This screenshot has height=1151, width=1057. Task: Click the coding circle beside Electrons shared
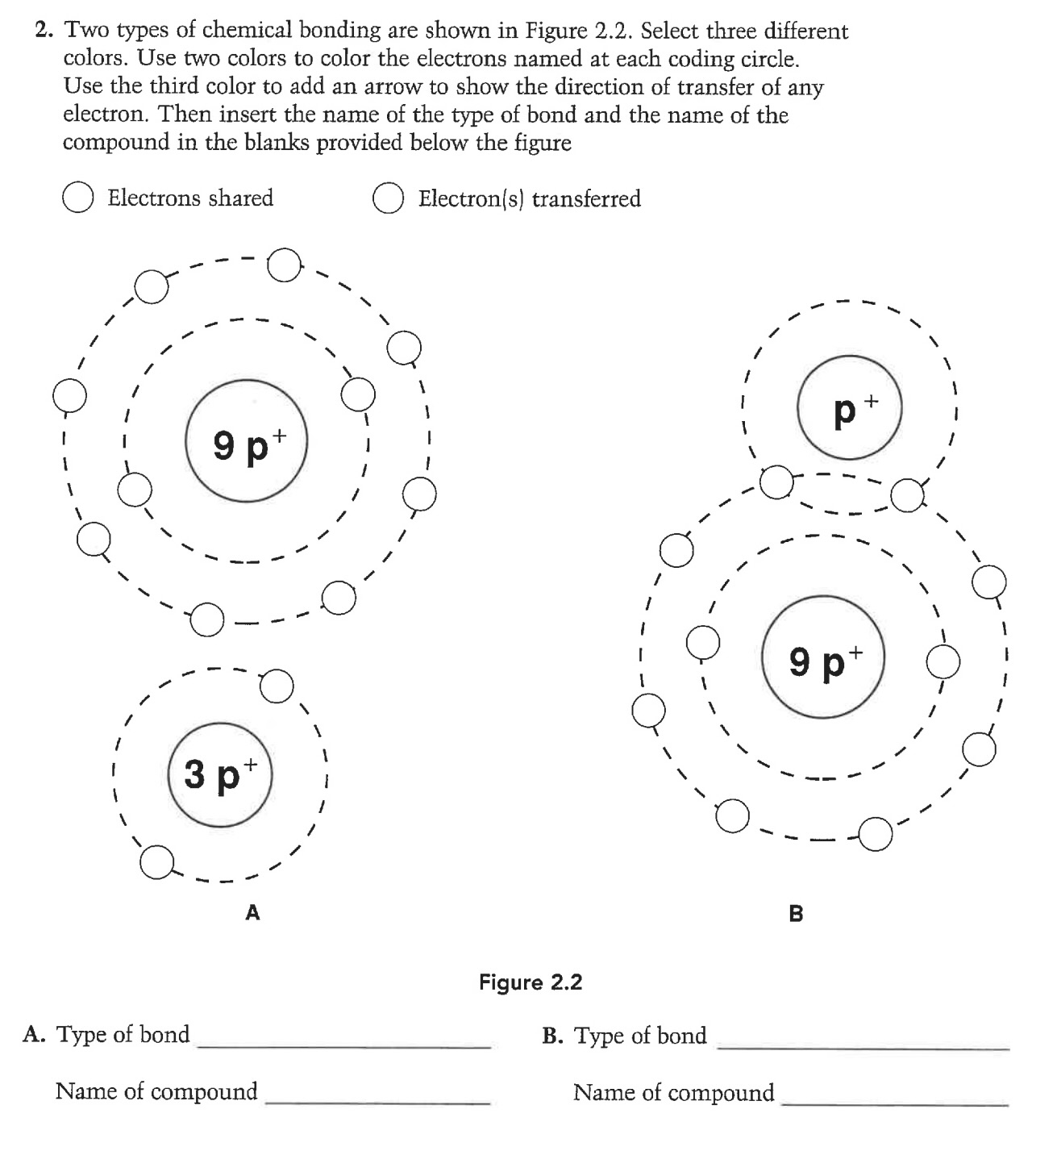pyautogui.click(x=77, y=199)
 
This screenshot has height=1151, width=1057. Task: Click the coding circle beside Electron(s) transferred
pyautogui.click(x=388, y=199)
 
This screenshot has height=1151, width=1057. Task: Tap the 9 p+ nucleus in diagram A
pyautogui.click(x=247, y=444)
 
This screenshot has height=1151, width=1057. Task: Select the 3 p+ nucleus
pyautogui.click(x=220, y=774)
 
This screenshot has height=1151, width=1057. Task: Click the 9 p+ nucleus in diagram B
pyautogui.click(x=823, y=657)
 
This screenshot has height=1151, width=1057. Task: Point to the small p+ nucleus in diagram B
pyautogui.click(x=849, y=409)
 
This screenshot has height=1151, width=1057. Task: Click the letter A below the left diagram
pyautogui.click(x=252, y=913)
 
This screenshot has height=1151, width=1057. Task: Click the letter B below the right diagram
pyautogui.click(x=796, y=914)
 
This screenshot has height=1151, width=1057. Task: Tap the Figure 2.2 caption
pyautogui.click(x=531, y=982)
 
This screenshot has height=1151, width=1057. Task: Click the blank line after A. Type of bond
pyautogui.click(x=343, y=1040)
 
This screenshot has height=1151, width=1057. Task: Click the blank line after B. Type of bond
pyautogui.click(x=863, y=1041)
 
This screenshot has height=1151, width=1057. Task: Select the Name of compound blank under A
pyautogui.click(x=377, y=1097)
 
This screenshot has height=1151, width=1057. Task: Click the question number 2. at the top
pyautogui.click(x=45, y=31)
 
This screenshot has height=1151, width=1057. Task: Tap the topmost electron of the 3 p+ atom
pyautogui.click(x=277, y=686)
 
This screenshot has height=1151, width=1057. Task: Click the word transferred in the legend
pyautogui.click(x=586, y=199)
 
